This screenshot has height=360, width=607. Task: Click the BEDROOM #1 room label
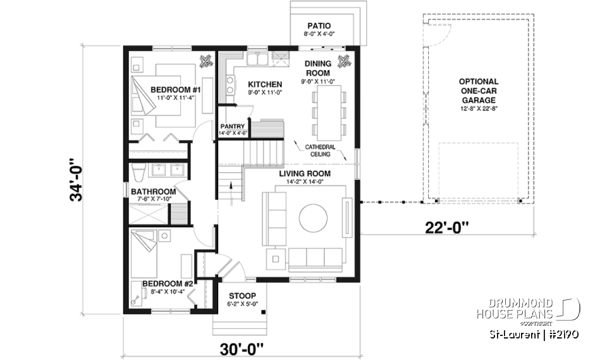[x=167, y=90]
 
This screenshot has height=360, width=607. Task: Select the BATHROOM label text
[x=153, y=192]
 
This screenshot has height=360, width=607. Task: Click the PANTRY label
[x=232, y=127]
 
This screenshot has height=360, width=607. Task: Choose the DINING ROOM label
[x=317, y=68]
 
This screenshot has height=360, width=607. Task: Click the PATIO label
[x=320, y=27]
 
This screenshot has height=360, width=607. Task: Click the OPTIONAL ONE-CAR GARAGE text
[x=478, y=91]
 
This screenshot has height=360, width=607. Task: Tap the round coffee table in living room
[x=313, y=218]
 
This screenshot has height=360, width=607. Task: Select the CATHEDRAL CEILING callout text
[x=321, y=150]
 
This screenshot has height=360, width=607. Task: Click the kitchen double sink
[x=255, y=61]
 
